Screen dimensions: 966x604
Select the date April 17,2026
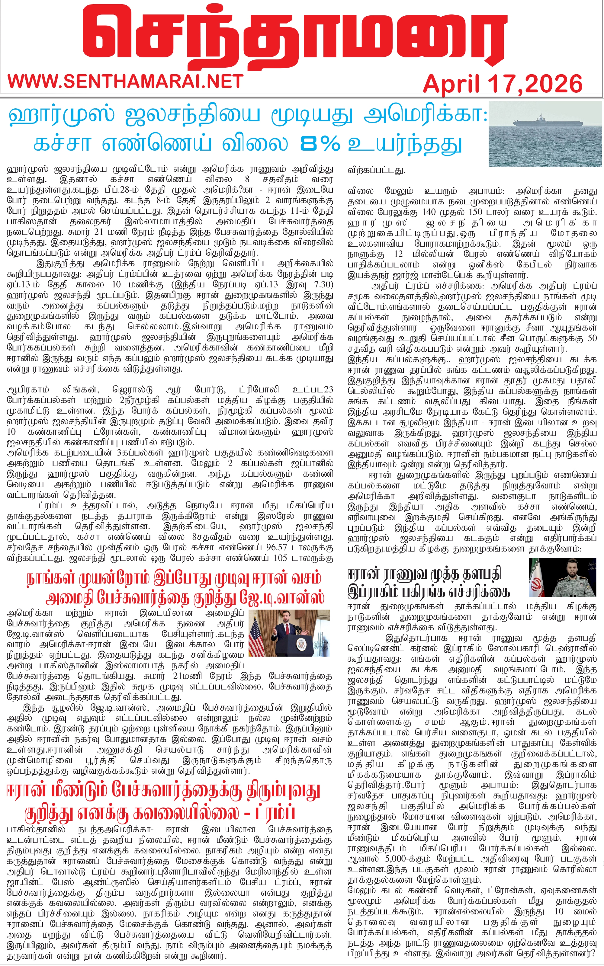[x=503, y=84]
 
